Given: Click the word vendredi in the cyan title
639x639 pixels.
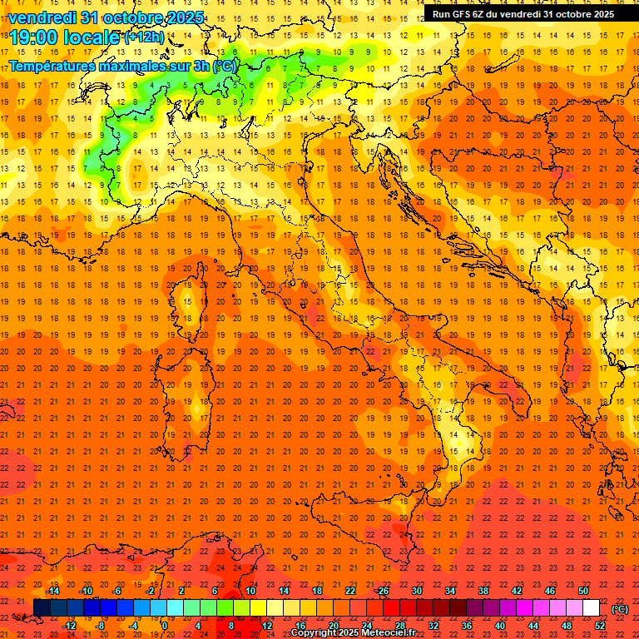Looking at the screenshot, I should tap(42, 17).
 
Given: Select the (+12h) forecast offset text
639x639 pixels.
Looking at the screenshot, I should tap(145, 37).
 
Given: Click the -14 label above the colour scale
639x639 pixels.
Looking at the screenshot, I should tap(53, 591).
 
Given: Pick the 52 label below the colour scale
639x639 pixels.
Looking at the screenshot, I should tap(600, 626).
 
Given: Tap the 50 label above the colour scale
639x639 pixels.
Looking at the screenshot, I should tap(583, 591).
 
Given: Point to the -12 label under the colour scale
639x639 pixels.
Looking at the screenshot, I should tap(70, 626).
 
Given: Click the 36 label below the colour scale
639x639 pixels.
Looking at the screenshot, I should tap(467, 626).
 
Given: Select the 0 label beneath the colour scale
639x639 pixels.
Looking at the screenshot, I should tap(164, 626).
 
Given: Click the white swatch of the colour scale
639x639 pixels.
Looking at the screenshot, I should tap(591, 608).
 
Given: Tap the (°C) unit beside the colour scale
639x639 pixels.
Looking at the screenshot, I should tap(620, 608).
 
